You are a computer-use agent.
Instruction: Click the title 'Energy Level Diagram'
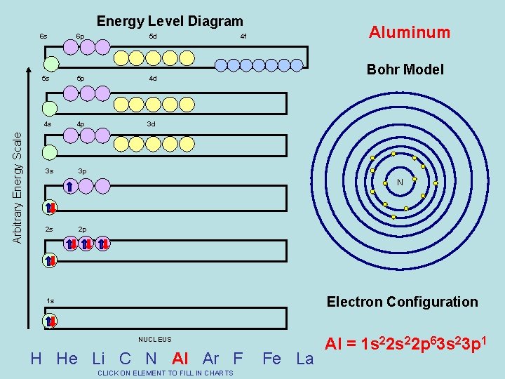point(170,22)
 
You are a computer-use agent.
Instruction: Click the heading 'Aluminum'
point(410,32)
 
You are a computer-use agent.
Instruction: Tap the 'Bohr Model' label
point(405,69)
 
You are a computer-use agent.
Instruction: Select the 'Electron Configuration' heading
point(402,302)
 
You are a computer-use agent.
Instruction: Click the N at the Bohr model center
point(400,182)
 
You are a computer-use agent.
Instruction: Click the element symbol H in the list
point(36,359)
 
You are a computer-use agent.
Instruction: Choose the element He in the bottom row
point(67,359)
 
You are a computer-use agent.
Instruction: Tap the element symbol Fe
point(271,359)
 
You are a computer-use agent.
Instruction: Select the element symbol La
point(305,359)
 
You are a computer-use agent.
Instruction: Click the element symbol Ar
point(211,359)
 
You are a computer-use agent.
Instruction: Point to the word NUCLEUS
point(154,340)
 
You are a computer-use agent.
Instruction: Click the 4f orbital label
point(243,36)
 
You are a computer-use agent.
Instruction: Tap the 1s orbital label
point(50,301)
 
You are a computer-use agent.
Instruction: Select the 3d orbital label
point(151,124)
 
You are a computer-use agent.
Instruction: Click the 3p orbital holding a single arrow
point(70,186)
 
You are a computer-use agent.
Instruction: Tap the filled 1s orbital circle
point(50,321)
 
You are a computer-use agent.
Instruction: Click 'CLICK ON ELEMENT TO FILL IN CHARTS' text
point(166,373)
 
